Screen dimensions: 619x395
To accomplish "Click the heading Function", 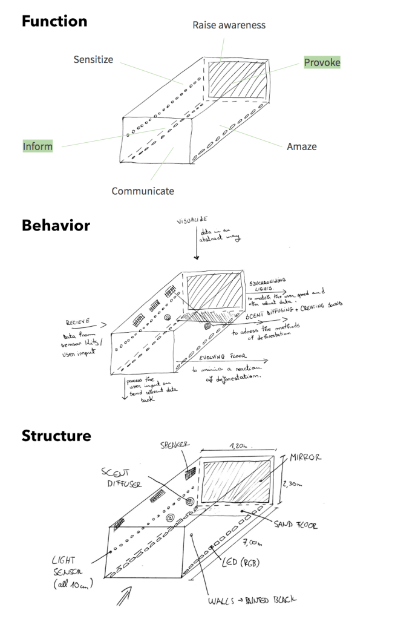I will [x=54, y=22].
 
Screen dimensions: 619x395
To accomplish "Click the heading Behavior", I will [x=56, y=226].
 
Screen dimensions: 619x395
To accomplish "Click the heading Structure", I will [x=56, y=436].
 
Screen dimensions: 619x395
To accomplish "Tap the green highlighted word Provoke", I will [x=322, y=62].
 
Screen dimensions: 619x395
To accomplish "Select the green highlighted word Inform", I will [x=38, y=146].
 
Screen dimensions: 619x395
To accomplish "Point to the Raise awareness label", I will [x=229, y=25].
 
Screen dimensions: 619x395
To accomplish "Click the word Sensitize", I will [x=93, y=59].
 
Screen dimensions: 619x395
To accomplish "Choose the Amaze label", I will [x=301, y=146].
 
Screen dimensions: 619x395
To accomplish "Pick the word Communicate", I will [x=143, y=191].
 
